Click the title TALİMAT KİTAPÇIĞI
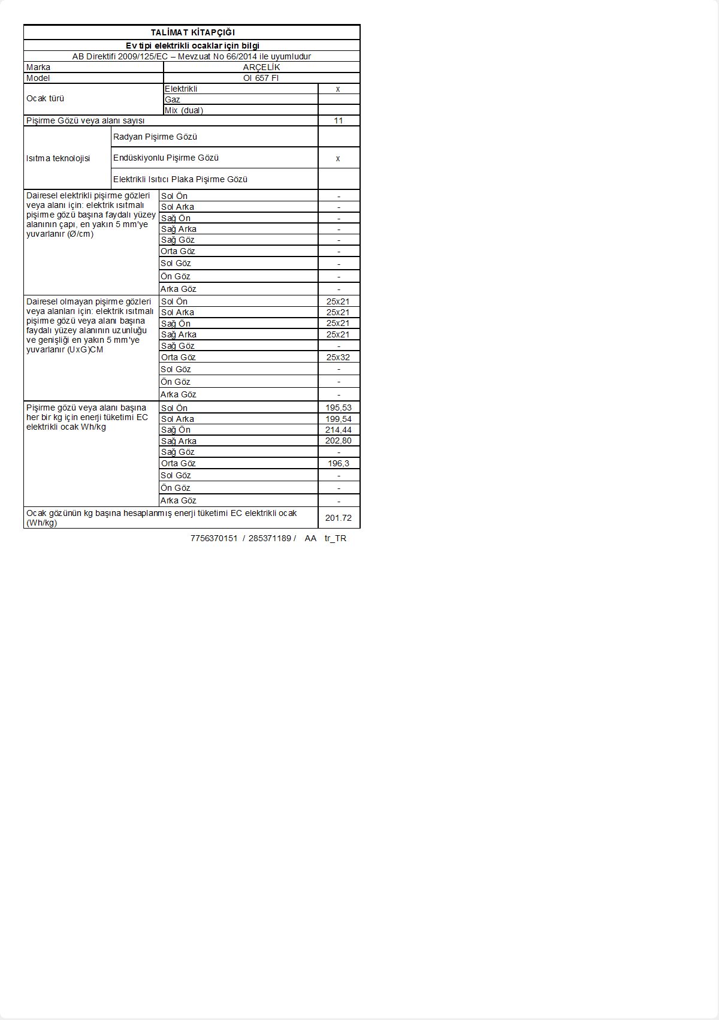pyautogui.click(x=192, y=32)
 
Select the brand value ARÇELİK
pyautogui.click(x=261, y=67)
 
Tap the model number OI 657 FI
pyautogui.click(x=261, y=78)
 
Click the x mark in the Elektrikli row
pyautogui.click(x=338, y=89)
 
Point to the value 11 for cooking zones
pyautogui.click(x=339, y=120)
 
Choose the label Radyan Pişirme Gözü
pyautogui.click(x=155, y=137)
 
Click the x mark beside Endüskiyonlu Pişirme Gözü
pyautogui.click(x=338, y=158)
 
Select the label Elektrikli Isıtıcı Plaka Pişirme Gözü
pyautogui.click(x=180, y=179)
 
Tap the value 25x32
pyautogui.click(x=338, y=357)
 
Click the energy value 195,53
pyautogui.click(x=339, y=408)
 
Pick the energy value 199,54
pyautogui.click(x=339, y=419)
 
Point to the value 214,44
pyautogui.click(x=339, y=430)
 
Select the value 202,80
pyautogui.click(x=339, y=440)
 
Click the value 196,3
pyautogui.click(x=339, y=463)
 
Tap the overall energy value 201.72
pyautogui.click(x=339, y=518)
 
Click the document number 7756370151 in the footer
pyautogui.click(x=214, y=538)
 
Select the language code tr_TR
pyautogui.click(x=336, y=538)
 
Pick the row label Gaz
pyautogui.click(x=173, y=99)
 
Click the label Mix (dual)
pyautogui.click(x=184, y=110)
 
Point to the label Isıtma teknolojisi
pyautogui.click(x=58, y=158)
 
